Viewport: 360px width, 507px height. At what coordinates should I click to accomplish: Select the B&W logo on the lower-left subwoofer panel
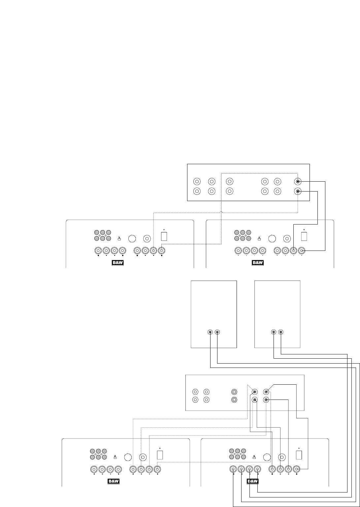pos(113,482)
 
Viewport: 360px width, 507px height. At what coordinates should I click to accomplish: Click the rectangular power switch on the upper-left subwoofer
pos(164,236)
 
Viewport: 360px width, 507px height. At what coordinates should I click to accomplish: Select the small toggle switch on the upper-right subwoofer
pos(259,238)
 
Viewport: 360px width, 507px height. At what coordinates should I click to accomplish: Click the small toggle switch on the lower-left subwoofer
pos(115,457)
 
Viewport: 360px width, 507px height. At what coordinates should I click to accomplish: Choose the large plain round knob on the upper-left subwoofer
pos(132,239)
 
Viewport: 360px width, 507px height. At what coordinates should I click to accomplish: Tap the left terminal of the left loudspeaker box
pos(210,332)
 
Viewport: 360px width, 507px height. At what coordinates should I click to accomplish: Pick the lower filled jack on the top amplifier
pos(298,191)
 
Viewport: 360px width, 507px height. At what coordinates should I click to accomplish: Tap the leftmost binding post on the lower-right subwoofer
pos(233,469)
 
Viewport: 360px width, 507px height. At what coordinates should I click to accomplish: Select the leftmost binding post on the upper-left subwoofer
pos(98,251)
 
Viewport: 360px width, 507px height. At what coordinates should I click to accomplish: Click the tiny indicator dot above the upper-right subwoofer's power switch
pos(304,230)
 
